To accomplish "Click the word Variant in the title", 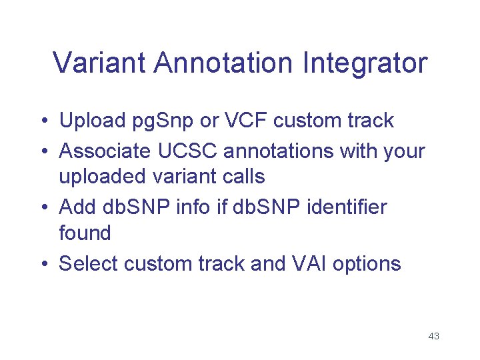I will pyautogui.click(x=100, y=63).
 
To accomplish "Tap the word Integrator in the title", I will pyautogui.click(x=365, y=63).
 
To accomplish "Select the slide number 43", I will pyautogui.click(x=433, y=336).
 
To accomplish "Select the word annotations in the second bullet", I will pyautogui.click(x=281, y=151).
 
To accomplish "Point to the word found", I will pyautogui.click(x=85, y=233).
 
